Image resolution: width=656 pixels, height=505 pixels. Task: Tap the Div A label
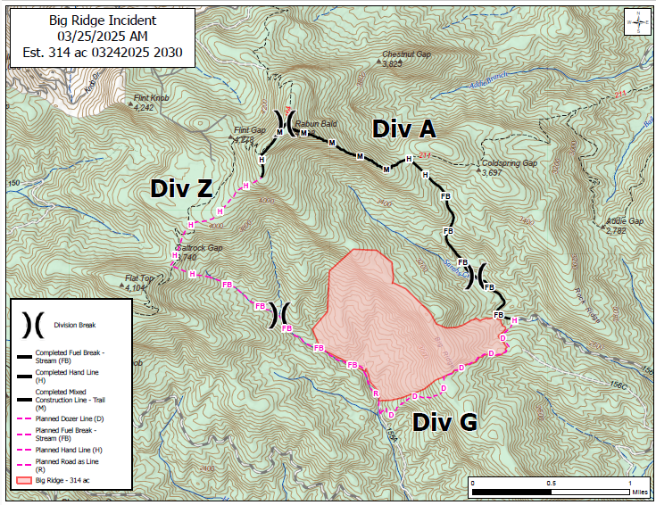pyautogui.click(x=403, y=129)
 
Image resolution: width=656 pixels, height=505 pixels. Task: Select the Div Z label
pyautogui.click(x=181, y=188)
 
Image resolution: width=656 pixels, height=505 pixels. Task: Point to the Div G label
pyautogui.click(x=444, y=423)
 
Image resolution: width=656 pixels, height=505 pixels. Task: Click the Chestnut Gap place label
pyautogui.click(x=406, y=54)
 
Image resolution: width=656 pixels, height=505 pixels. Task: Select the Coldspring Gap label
pyautogui.click(x=508, y=164)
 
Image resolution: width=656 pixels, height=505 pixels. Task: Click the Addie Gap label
pyautogui.click(x=624, y=220)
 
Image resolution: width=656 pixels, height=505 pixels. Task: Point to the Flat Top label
pyautogui.click(x=140, y=277)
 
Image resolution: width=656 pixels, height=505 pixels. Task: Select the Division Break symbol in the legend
pyautogui.click(x=30, y=325)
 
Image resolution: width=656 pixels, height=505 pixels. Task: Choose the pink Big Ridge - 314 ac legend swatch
pyautogui.click(x=24, y=481)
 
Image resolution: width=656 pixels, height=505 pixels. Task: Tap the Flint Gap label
pyautogui.click(x=250, y=130)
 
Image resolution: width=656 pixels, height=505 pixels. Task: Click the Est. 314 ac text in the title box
pyautogui.click(x=102, y=53)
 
